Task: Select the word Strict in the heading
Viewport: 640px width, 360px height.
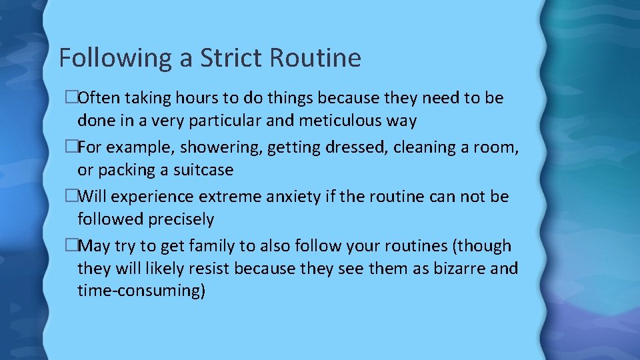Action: (229, 58)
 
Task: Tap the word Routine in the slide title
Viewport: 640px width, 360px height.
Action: (315, 58)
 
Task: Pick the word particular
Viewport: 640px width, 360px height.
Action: (233, 121)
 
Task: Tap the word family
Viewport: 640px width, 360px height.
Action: (213, 246)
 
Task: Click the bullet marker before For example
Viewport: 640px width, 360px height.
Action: (73, 147)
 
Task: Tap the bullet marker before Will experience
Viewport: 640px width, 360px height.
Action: (73, 197)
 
